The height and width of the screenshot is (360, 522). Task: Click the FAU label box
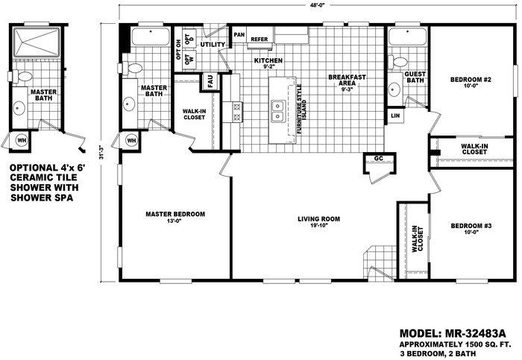(210, 81)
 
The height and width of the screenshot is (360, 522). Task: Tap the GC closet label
(379, 158)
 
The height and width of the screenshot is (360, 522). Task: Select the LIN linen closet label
(395, 116)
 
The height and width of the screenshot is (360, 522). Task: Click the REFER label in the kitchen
(260, 40)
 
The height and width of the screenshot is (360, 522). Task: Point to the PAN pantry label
(239, 34)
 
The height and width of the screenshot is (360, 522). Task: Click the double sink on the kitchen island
(277, 111)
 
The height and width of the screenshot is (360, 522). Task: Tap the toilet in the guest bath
(397, 62)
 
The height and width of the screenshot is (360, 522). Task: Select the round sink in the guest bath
(394, 89)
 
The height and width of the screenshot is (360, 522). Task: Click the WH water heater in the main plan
(131, 141)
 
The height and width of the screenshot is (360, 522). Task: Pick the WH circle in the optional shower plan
(22, 140)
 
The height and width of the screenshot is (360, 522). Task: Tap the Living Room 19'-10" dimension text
(319, 226)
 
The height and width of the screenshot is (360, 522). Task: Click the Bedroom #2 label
(471, 80)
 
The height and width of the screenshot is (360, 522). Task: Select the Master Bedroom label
(175, 214)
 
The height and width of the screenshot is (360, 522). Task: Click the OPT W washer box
(189, 60)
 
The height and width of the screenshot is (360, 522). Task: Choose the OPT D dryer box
(189, 38)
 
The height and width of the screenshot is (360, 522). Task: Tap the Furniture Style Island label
(301, 109)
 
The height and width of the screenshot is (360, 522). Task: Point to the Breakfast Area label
(347, 80)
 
